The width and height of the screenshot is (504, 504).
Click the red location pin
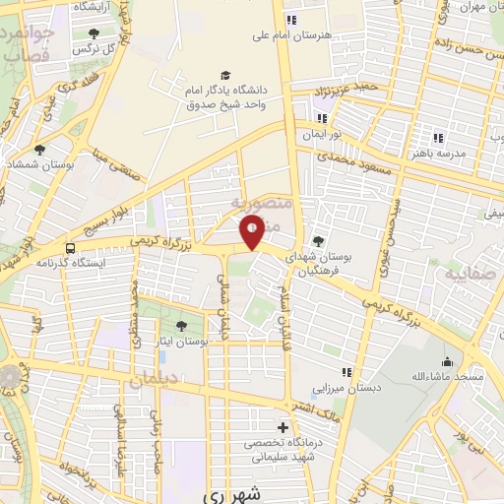(x=253, y=232)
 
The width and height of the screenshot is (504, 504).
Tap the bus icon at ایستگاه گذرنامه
(x=70, y=248)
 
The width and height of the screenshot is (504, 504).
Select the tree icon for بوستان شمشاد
(x=40, y=151)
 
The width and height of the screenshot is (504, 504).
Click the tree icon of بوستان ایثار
(x=180, y=325)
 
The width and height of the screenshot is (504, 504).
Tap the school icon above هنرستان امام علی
(x=289, y=21)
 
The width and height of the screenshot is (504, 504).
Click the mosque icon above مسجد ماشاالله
(x=448, y=362)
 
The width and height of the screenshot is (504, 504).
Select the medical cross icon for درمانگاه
(x=283, y=428)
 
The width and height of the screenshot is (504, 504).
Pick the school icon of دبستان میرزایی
(x=346, y=372)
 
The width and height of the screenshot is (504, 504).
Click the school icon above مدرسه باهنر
(x=439, y=139)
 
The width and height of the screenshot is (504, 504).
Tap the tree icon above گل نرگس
(x=94, y=32)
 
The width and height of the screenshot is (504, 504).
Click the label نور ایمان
(x=321, y=133)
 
